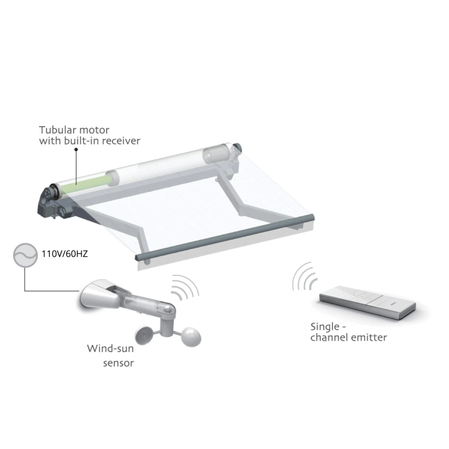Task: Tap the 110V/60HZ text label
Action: coord(65,254)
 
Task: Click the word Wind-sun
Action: coord(110,349)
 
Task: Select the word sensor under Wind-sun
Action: coord(118,363)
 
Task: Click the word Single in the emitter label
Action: coord(324,327)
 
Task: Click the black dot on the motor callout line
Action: coord(76,149)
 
